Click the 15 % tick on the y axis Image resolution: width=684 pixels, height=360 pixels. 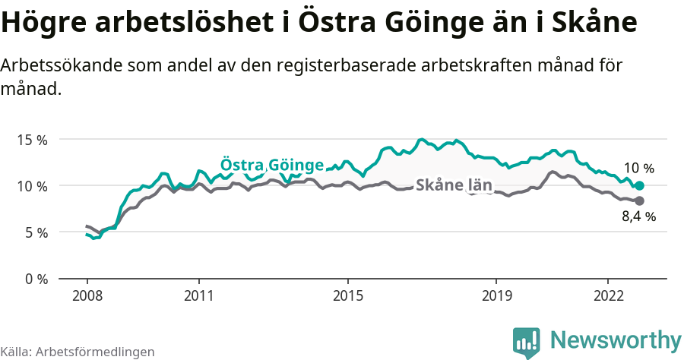click(x=32, y=140)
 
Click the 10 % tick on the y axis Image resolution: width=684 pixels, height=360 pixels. click(x=32, y=186)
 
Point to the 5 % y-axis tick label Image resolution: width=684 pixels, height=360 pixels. click(x=35, y=232)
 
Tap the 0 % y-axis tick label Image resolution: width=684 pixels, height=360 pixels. click(x=35, y=279)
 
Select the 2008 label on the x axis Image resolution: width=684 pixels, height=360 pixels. click(x=87, y=295)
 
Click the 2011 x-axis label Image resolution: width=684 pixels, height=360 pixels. click(x=198, y=295)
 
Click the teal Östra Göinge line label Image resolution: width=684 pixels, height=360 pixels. click(x=272, y=166)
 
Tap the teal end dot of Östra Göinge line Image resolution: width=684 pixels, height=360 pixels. click(x=639, y=186)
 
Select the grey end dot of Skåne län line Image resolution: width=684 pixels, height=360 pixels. click(x=639, y=201)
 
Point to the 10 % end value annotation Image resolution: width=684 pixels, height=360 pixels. click(x=638, y=169)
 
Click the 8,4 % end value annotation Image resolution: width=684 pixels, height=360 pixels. click(x=638, y=216)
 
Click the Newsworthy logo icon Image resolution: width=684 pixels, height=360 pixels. click(x=527, y=343)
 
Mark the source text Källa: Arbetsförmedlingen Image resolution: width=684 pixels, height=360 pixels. click(x=78, y=352)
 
